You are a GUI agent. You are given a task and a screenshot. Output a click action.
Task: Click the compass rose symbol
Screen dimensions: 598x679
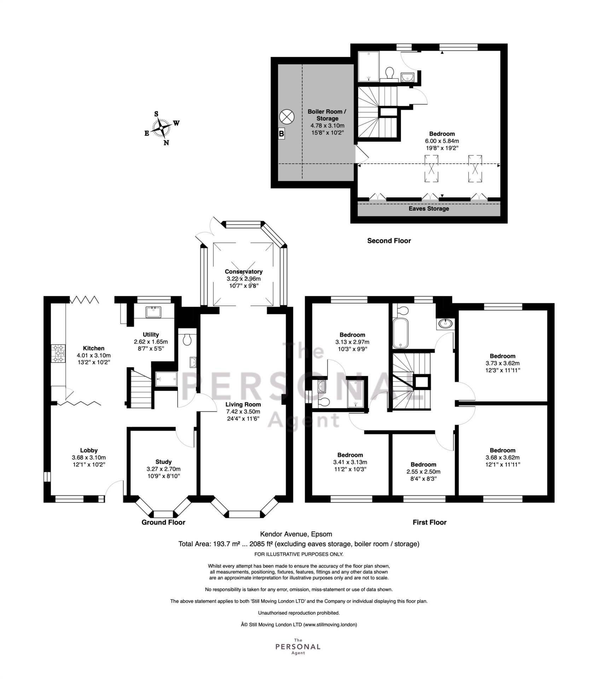click(x=162, y=128)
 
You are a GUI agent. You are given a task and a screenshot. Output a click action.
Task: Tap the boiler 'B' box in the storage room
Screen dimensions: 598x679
click(x=281, y=134)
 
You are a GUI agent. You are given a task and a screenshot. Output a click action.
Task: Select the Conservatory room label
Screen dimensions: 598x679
click(x=244, y=272)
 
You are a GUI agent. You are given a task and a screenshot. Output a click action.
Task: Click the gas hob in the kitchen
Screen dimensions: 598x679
click(x=58, y=354)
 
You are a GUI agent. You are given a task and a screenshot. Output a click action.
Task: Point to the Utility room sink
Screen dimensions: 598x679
click(x=153, y=312)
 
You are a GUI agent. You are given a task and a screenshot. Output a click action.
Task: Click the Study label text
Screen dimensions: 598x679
click(x=163, y=462)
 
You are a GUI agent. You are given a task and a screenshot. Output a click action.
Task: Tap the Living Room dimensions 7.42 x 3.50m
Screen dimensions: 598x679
click(x=243, y=412)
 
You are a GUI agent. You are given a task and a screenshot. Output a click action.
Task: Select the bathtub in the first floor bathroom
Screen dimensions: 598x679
click(x=400, y=333)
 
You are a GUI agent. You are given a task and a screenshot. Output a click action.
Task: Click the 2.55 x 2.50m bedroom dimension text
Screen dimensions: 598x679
click(x=423, y=472)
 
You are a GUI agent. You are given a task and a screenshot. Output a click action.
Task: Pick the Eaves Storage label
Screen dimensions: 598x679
click(x=429, y=209)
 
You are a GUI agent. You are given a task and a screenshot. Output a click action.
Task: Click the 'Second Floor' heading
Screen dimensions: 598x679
click(x=389, y=241)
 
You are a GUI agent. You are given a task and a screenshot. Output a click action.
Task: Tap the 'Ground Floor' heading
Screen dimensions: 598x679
click(x=163, y=522)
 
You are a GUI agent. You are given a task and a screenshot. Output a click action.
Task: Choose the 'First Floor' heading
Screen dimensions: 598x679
click(x=429, y=522)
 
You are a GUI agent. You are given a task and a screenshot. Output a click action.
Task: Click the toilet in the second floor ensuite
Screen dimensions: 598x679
click(x=390, y=74)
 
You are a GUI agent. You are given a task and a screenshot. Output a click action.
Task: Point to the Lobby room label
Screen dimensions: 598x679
click(x=89, y=451)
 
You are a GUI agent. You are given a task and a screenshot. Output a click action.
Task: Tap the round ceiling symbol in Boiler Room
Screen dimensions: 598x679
click(x=286, y=116)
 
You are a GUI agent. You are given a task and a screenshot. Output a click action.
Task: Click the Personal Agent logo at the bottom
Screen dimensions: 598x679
click(x=298, y=646)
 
